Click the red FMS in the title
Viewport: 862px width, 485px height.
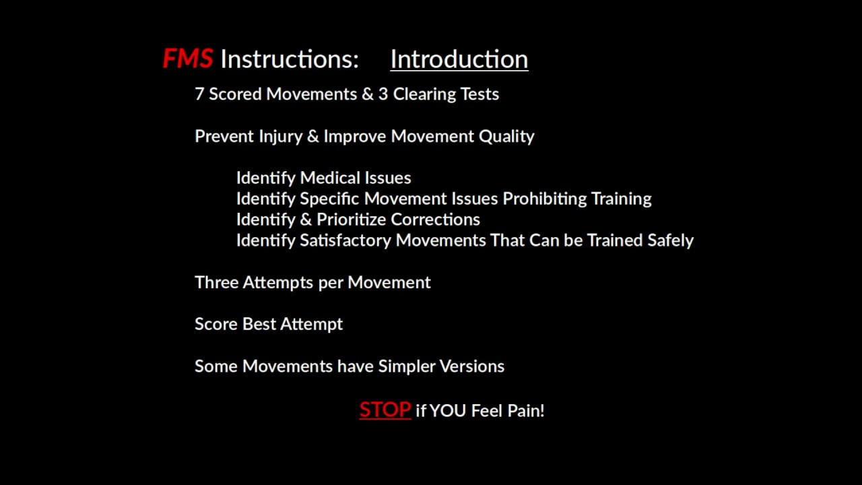click(187, 59)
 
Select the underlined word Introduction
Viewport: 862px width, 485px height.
click(459, 59)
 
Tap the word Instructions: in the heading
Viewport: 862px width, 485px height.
click(290, 59)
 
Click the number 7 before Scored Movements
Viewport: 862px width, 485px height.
click(199, 94)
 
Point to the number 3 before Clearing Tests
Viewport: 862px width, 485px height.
click(383, 94)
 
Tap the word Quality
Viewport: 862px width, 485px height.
click(506, 136)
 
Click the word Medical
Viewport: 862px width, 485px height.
click(329, 178)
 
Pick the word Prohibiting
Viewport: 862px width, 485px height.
click(544, 199)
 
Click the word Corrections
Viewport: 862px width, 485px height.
click(435, 220)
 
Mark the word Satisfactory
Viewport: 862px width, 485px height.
click(345, 240)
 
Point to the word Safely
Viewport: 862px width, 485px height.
click(670, 240)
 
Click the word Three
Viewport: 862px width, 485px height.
click(216, 282)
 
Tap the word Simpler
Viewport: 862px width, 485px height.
click(406, 366)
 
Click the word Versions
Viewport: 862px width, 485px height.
click(471, 366)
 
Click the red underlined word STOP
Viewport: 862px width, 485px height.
click(385, 410)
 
